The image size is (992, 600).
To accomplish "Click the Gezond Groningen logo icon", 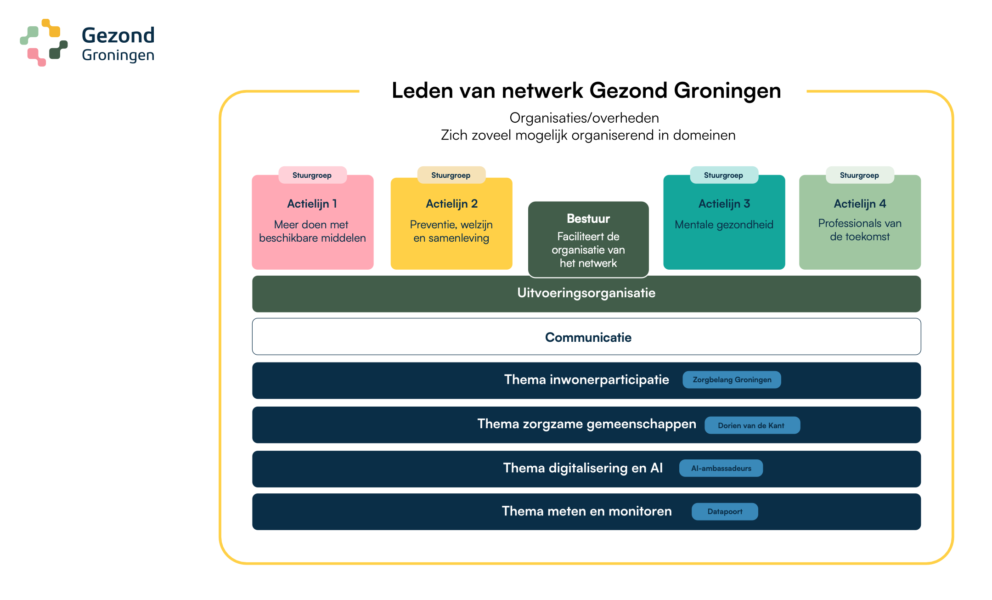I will [x=44, y=43].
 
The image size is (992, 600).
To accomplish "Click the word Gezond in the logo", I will [x=118, y=35].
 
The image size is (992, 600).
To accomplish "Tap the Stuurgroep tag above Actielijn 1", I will [x=312, y=175].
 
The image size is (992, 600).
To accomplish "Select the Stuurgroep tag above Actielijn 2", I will [x=451, y=175].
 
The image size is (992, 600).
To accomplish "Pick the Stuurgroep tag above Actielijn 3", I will [x=724, y=175].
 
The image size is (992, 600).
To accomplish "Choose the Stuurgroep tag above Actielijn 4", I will [x=860, y=175].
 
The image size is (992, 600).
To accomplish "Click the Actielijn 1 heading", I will [x=312, y=204].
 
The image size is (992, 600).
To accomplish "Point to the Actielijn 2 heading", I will [x=451, y=204].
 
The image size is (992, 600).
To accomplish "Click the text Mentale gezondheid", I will [x=724, y=225].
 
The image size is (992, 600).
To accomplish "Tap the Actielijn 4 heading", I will [x=860, y=204].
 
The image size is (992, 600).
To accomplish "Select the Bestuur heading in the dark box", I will [x=588, y=219].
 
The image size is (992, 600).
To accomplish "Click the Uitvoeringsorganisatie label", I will [x=586, y=293].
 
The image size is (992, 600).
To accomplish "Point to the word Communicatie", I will [x=588, y=337].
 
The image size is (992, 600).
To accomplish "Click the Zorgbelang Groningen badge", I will [x=732, y=380].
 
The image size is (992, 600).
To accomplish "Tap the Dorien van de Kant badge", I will [x=752, y=425].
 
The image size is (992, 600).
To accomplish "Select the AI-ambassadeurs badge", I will [x=721, y=469].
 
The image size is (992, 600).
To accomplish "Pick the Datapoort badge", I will [x=725, y=512].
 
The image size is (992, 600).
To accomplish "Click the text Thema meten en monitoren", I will [x=586, y=511].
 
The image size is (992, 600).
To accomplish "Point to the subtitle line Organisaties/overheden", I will [x=584, y=118].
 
